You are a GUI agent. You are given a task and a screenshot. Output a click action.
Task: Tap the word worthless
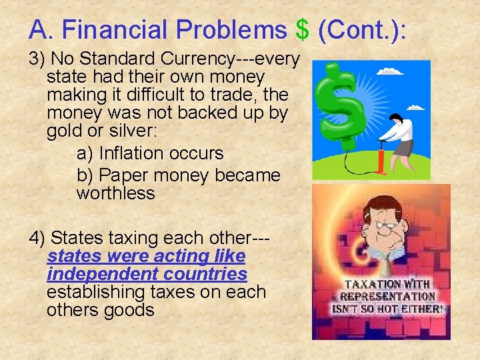[x=116, y=194]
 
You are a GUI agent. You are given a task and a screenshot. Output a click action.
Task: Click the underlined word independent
[x=97, y=275]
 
